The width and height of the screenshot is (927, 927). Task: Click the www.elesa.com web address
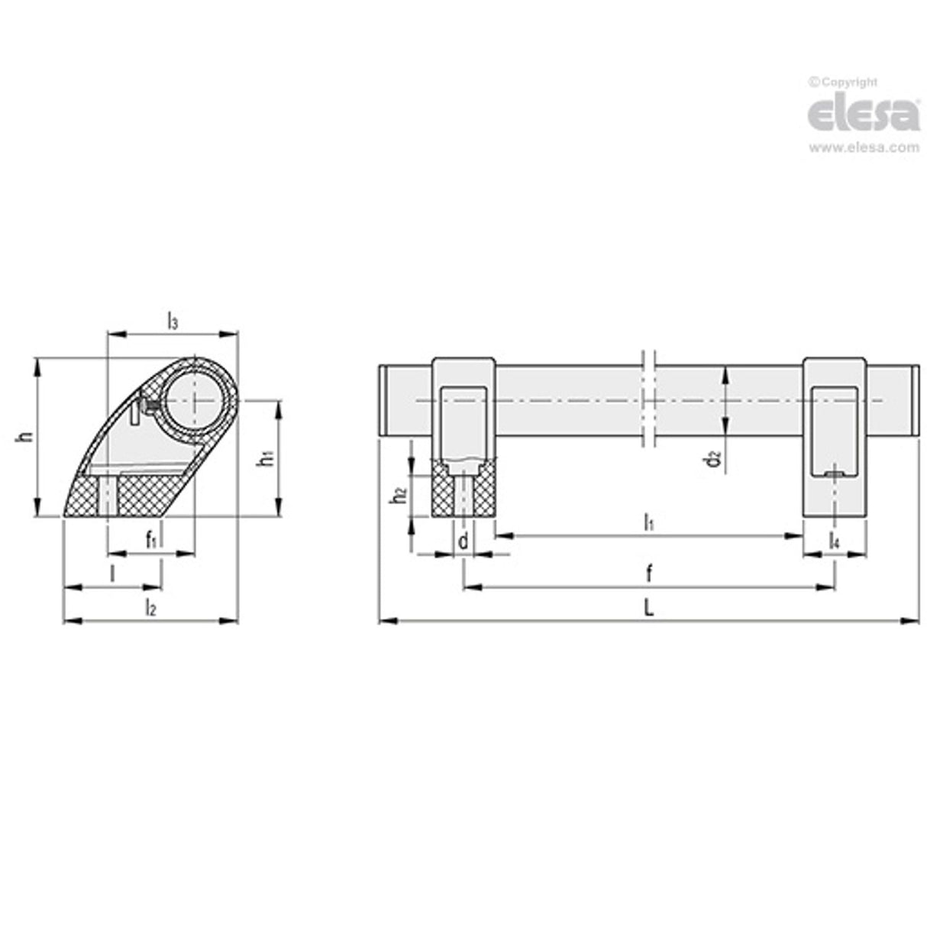864,148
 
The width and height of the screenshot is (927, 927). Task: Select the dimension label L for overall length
648,609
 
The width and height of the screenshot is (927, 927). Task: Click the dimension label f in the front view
648,573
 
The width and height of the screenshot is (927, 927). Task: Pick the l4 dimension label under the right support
835,541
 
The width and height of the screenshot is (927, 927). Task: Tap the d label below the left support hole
463,541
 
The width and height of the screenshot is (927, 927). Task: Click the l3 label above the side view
173,321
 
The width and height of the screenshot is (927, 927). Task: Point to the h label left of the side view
27,437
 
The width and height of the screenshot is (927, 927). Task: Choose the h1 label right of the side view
265,458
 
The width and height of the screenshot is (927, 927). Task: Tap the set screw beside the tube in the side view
149,405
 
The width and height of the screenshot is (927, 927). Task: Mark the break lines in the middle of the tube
648,400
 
